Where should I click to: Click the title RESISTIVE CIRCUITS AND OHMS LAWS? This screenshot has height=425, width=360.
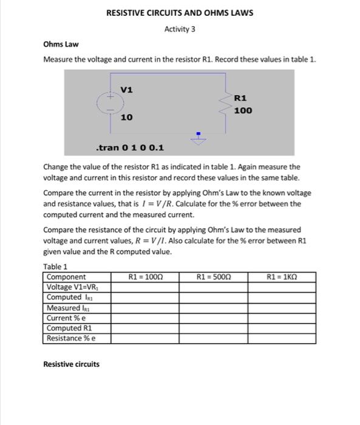pyautogui.click(x=180, y=13)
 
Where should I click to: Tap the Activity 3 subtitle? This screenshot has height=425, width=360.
pyautogui.click(x=180, y=29)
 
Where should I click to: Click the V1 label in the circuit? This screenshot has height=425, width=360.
pyautogui.click(x=126, y=90)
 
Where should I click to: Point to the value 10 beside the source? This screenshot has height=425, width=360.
pyautogui.click(x=126, y=117)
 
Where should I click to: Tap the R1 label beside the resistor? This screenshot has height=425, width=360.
pyautogui.click(x=240, y=97)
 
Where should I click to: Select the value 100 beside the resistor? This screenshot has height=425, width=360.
pyautogui.click(x=243, y=110)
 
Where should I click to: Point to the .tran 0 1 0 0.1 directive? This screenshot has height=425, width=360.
pyautogui.click(x=129, y=148)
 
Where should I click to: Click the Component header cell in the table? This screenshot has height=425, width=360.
pyautogui.click(x=66, y=277)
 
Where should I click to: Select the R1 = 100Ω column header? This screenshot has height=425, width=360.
pyautogui.click(x=146, y=277)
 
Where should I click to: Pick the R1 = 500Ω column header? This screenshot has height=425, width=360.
pyautogui.click(x=214, y=277)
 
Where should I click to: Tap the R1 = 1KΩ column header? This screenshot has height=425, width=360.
pyautogui.click(x=282, y=277)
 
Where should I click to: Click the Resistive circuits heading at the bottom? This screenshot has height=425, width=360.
pyautogui.click(x=71, y=364)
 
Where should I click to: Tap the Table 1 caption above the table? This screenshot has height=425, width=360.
pyautogui.click(x=55, y=267)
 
